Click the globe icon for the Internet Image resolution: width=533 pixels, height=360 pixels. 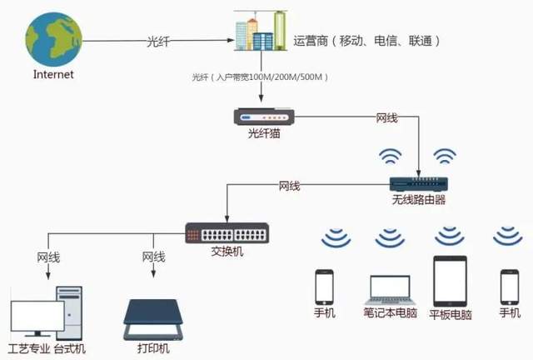pyautogui.click(x=54, y=38)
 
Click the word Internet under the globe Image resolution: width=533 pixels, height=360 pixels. pyautogui.click(x=54, y=74)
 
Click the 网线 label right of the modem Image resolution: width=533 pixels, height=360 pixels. pyautogui.click(x=388, y=117)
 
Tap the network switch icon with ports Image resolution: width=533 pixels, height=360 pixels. pyautogui.click(x=227, y=231)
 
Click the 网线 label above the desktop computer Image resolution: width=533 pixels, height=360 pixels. pyautogui.click(x=48, y=257)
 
